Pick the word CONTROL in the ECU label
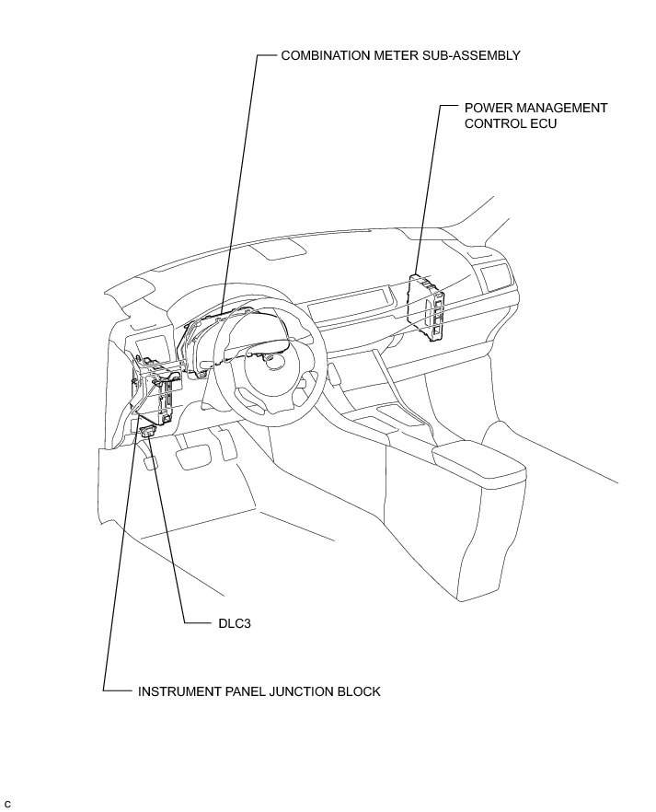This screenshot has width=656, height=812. tap(493, 123)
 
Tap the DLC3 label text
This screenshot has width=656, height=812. tap(234, 623)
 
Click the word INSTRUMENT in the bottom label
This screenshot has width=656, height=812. tap(178, 690)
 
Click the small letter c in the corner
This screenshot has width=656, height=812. tap(7, 804)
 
